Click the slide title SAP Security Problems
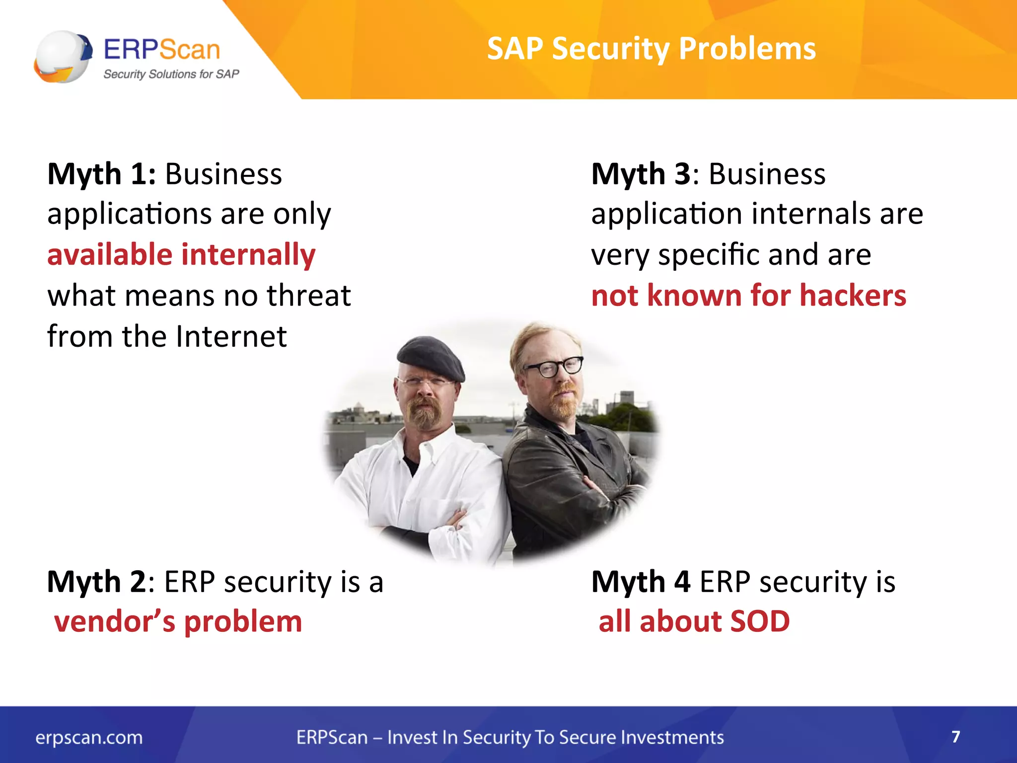point(651,49)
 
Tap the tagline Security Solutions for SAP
point(171,75)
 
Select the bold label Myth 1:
point(101,174)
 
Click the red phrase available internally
point(181,255)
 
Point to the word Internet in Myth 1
point(231,336)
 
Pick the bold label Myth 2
point(96,582)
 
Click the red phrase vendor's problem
point(178,622)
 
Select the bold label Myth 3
point(641,174)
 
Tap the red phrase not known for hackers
point(748,296)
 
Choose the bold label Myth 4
point(641,582)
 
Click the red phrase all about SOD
point(694,622)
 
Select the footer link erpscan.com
point(89,738)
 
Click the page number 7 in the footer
point(955,736)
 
